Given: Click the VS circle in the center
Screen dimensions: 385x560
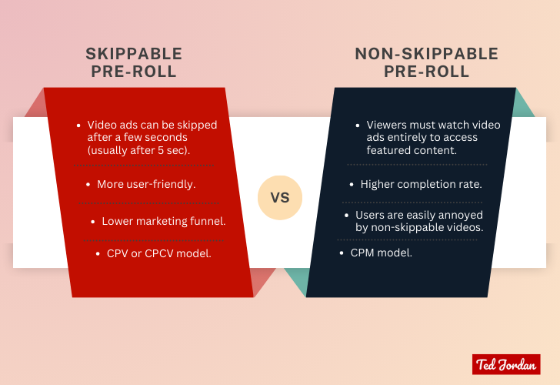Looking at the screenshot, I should click(280, 197).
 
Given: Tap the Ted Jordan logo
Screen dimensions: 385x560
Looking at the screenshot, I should click(505, 364).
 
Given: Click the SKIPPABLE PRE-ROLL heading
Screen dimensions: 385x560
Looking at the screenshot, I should click(134, 63).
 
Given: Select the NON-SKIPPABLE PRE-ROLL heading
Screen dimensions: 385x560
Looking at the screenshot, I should click(426, 63).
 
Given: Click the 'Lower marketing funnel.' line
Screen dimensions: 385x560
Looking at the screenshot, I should click(164, 221).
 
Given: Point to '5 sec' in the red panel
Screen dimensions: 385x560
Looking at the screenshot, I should click(179, 149).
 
